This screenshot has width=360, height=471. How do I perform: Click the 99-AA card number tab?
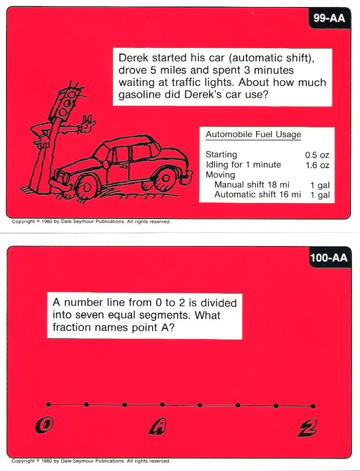pos(329,18)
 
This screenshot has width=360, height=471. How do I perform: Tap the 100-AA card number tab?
pos(329,258)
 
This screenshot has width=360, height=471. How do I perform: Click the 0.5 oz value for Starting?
pos(317,155)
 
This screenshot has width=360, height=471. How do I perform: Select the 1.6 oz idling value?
pos(317,165)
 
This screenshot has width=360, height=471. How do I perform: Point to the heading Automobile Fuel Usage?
pos(253,134)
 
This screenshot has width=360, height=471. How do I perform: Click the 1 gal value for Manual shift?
pos(320,185)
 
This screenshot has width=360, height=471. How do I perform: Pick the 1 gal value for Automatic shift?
pos(320,195)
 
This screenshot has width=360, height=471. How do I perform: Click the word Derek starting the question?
pos(134,57)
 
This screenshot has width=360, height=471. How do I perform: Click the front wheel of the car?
pos(86,187)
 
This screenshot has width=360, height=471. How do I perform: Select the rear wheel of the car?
pos(165,178)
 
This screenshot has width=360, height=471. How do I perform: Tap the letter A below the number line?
pos(157,427)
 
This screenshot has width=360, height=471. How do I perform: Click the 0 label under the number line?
pos(44,425)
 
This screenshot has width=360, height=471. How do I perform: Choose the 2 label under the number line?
pos(307,428)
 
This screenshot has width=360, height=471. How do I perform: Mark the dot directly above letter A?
pos(162,405)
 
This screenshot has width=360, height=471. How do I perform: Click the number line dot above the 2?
pos(313,406)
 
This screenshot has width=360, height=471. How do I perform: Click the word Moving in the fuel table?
pos(220,175)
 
